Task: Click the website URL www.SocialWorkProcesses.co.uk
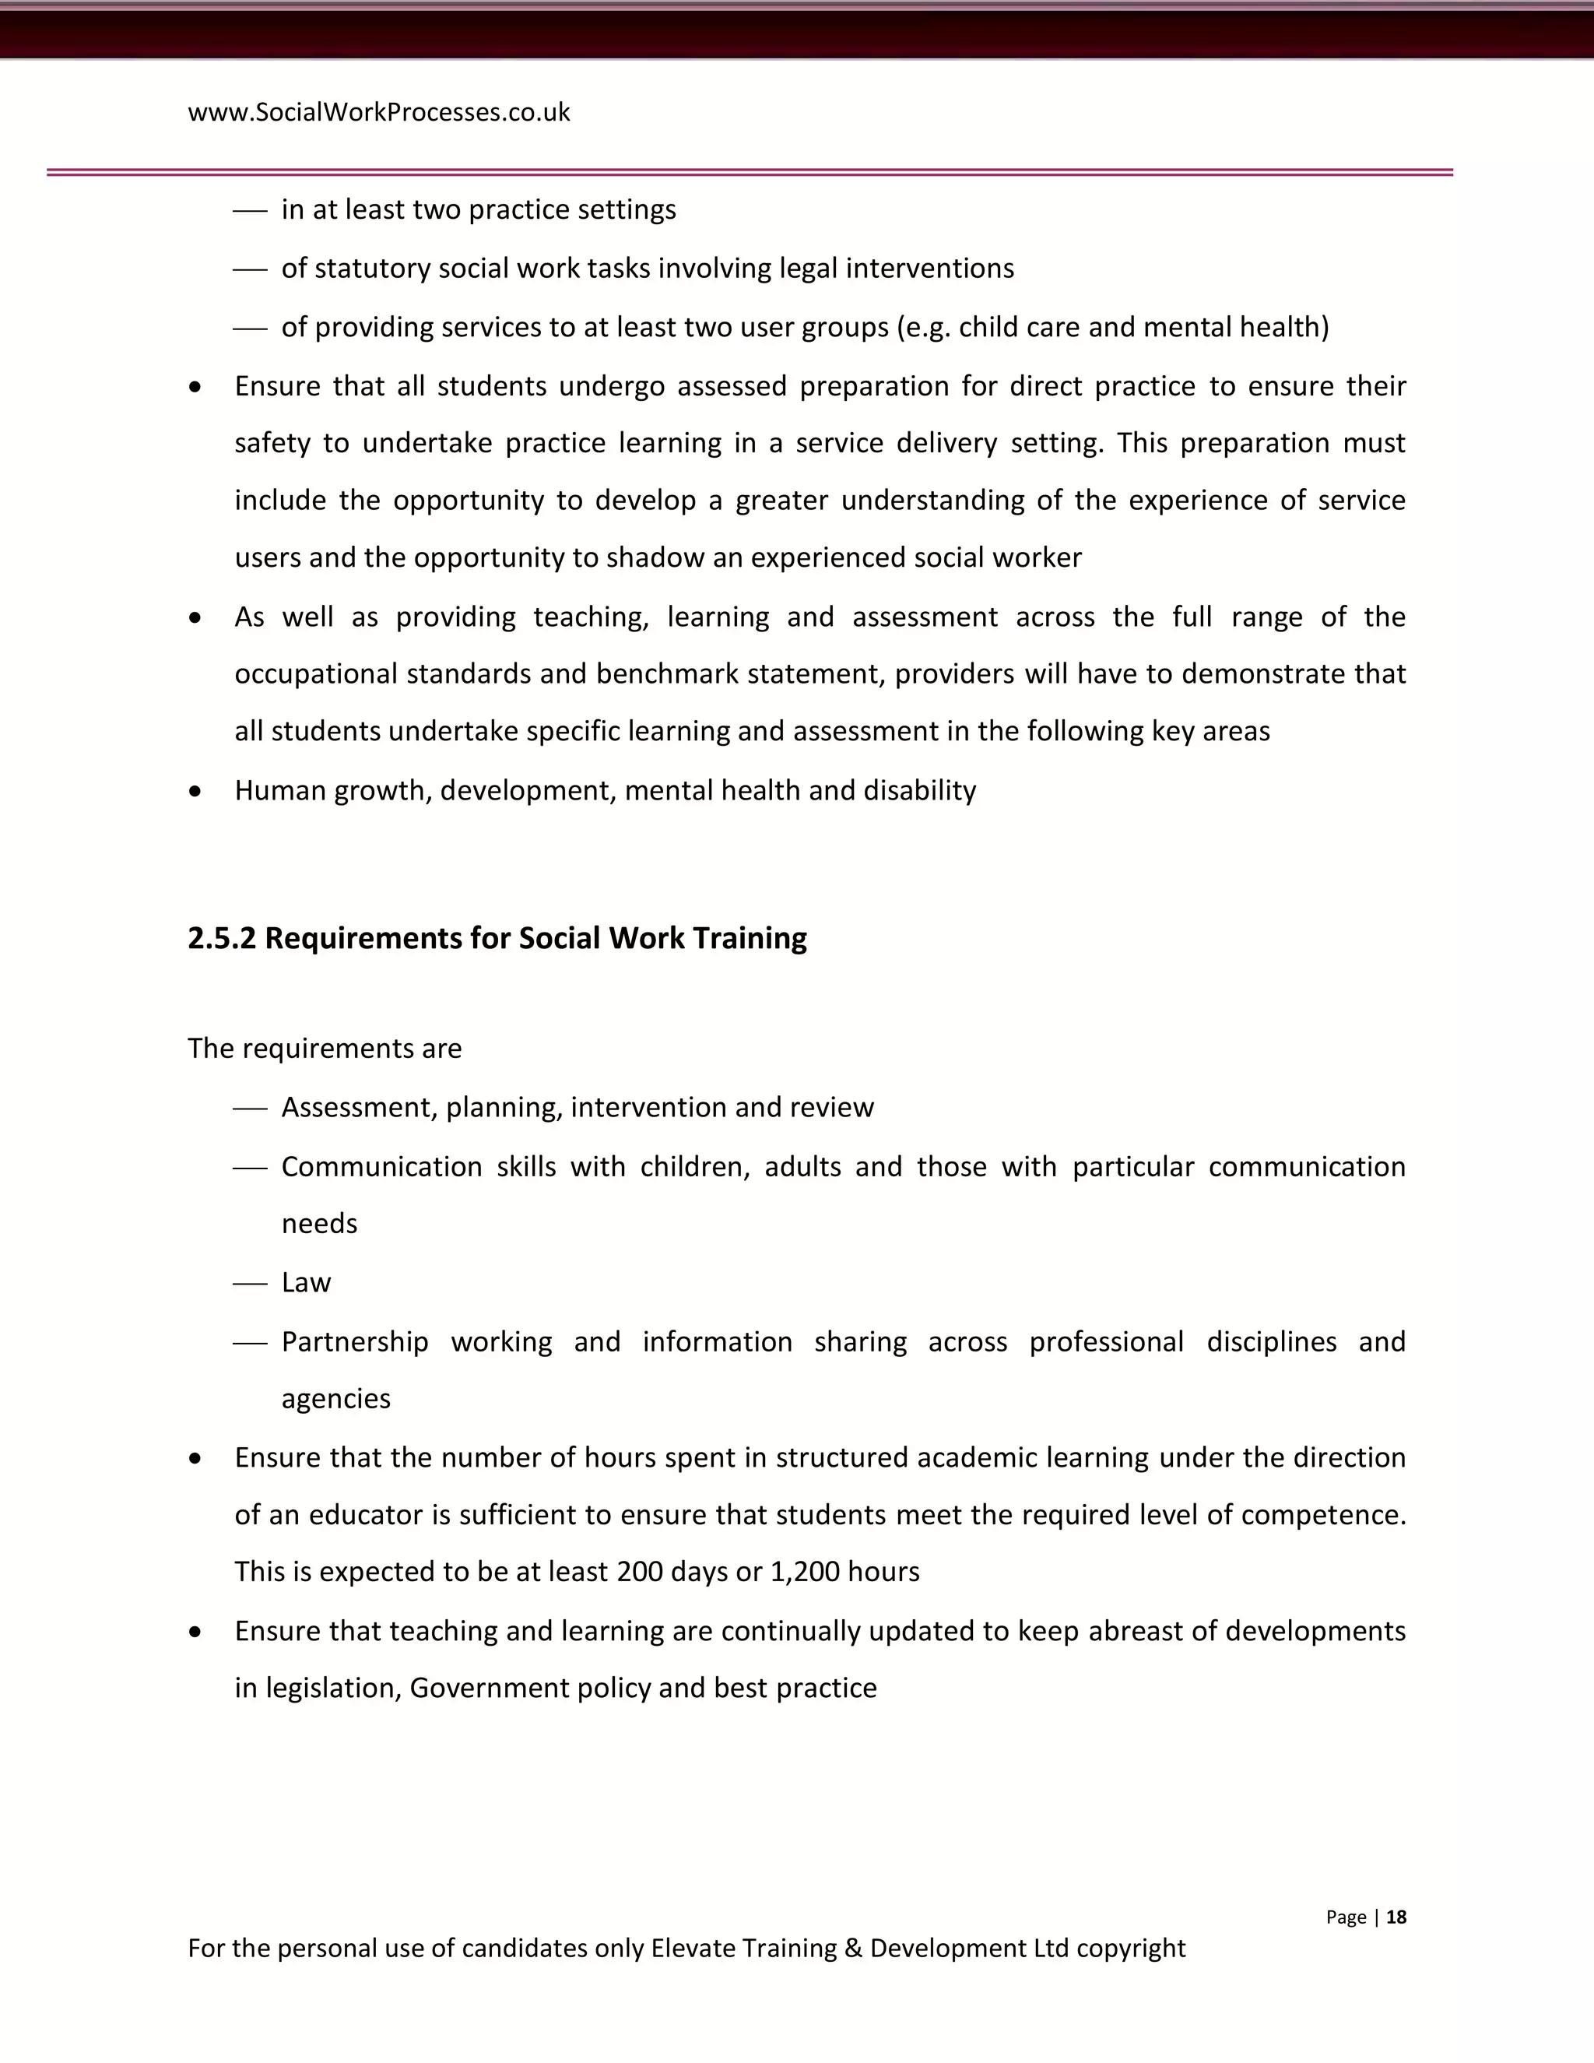(x=379, y=112)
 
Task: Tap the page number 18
(x=1396, y=1917)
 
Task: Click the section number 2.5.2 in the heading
(x=222, y=938)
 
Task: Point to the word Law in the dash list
(x=306, y=1283)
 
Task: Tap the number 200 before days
(x=639, y=1572)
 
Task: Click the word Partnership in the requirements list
(x=355, y=1341)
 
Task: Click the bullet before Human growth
(x=195, y=791)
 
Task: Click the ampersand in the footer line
(x=854, y=1949)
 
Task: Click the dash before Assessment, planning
(x=251, y=1109)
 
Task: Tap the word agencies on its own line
(x=335, y=1399)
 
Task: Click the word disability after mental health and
(x=920, y=791)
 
